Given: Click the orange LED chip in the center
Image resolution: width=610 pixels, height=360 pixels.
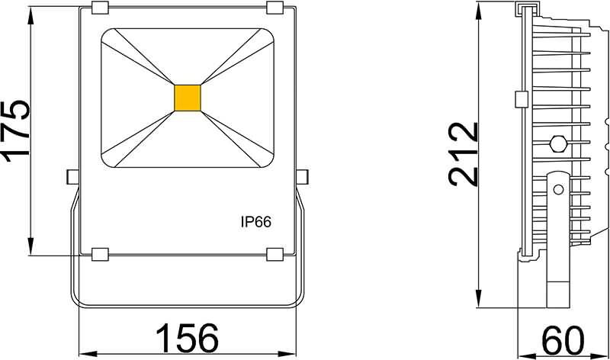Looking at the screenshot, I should [187, 97].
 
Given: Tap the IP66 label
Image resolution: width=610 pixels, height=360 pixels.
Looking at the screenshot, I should [257, 222].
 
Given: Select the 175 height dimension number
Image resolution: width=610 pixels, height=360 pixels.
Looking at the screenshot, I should [17, 129].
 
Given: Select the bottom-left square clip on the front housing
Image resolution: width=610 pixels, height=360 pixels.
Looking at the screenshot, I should [99, 254].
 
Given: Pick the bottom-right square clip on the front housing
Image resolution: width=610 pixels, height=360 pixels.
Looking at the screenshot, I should [275, 254].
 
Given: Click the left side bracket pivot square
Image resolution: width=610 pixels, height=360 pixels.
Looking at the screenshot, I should [73, 175].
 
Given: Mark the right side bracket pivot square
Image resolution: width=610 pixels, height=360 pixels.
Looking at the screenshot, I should [302, 175].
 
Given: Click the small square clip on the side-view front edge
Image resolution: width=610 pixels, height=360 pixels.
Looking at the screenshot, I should [522, 99].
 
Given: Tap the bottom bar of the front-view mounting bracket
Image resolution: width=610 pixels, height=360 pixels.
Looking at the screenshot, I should [187, 304].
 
